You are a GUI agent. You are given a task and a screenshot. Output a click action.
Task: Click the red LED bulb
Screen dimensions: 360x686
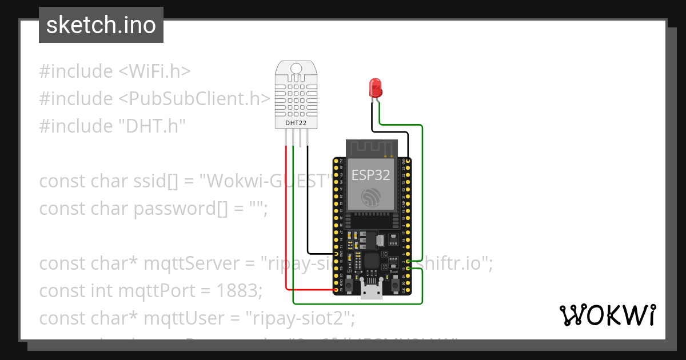coord(376,87)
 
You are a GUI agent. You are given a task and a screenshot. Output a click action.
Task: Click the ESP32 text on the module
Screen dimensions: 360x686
coord(370,174)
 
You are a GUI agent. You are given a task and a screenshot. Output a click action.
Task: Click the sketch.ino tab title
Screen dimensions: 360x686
coord(101,25)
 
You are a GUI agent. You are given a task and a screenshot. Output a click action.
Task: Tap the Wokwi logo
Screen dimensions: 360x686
coord(607,315)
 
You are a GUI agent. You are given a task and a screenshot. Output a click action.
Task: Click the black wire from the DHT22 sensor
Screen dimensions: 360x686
coord(308,200)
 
